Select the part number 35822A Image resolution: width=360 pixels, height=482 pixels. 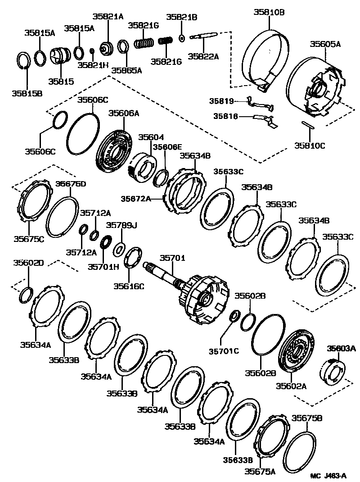pyautogui.click(x=203, y=56)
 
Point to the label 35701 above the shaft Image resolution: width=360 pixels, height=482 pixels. pyautogui.click(x=173, y=259)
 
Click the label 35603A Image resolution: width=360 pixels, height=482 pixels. pyautogui.click(x=341, y=348)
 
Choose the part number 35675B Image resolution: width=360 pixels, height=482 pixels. pyautogui.click(x=307, y=418)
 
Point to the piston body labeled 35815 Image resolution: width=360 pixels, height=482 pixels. pyautogui.click(x=58, y=57)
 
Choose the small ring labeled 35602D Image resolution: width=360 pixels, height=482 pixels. pyautogui.click(x=25, y=296)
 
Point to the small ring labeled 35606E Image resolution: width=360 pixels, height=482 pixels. pyautogui.click(x=160, y=178)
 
